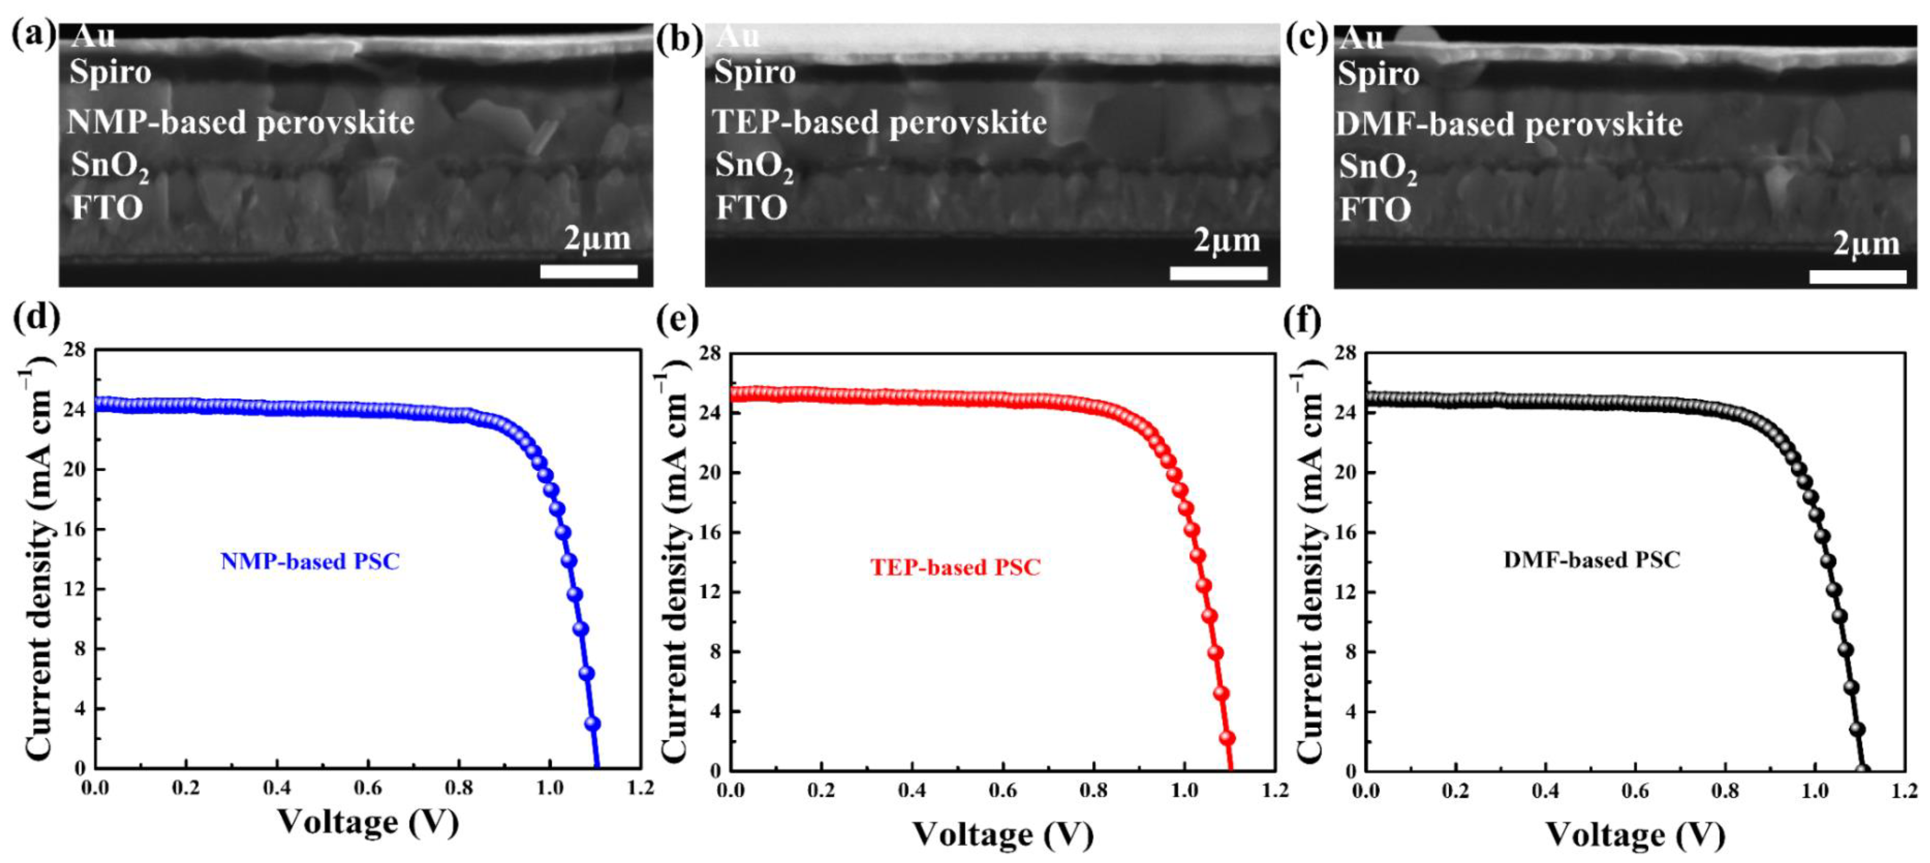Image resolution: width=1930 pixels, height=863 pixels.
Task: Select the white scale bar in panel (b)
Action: coord(1218,274)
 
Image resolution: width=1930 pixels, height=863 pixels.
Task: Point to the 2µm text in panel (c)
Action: coord(1866,244)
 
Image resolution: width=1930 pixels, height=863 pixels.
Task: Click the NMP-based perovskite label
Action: coord(240,122)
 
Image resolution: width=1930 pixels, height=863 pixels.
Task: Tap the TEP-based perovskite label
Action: coord(879,122)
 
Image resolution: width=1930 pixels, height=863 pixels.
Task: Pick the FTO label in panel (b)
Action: coord(751,208)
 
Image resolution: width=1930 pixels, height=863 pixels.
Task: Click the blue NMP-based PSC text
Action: coord(310,561)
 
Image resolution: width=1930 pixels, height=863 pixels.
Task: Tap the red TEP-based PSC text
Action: coord(955,567)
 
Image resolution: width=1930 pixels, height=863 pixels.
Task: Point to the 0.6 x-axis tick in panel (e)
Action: coord(1003,790)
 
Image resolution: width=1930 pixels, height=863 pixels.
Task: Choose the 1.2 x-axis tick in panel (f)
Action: coord(1904,790)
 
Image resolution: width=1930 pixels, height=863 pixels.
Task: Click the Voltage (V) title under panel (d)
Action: coord(368,822)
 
